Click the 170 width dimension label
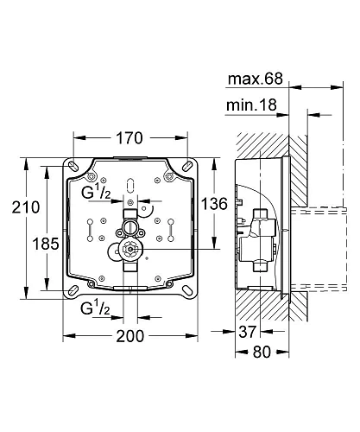[130, 138]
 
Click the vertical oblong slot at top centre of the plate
[130, 183]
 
